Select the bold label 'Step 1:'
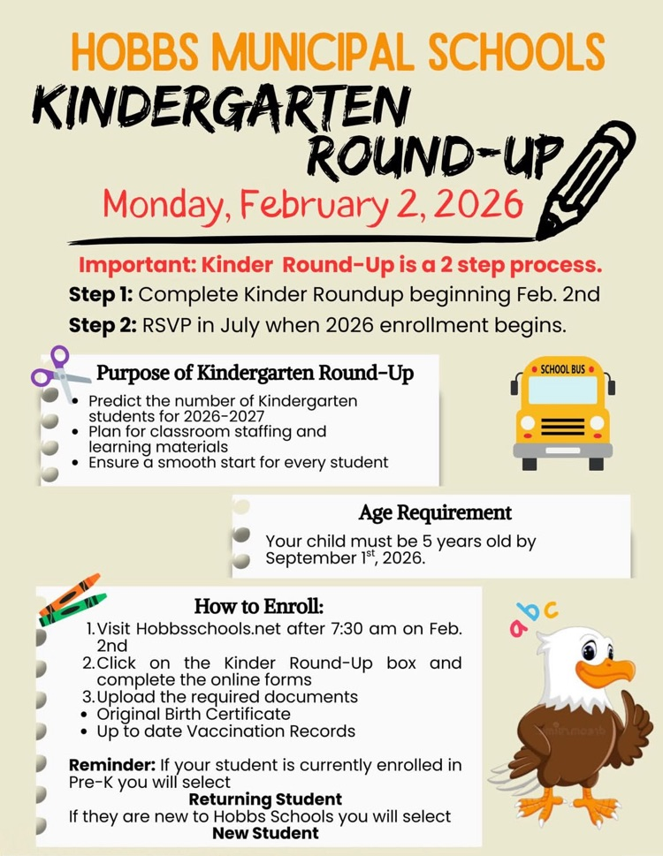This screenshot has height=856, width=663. [x=101, y=294]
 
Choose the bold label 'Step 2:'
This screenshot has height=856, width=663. [x=101, y=324]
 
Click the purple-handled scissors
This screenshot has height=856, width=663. [x=58, y=374]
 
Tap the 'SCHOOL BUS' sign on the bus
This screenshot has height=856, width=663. [x=561, y=369]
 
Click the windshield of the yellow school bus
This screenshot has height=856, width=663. [x=562, y=390]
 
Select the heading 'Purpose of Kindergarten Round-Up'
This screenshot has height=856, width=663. [x=255, y=374]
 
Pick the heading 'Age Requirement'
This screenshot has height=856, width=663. [x=435, y=512]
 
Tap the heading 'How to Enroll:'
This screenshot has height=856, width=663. [x=259, y=607]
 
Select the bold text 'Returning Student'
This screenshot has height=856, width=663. [x=265, y=800]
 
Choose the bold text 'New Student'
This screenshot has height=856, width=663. [x=265, y=832]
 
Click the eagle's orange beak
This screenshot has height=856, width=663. [x=610, y=669]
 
